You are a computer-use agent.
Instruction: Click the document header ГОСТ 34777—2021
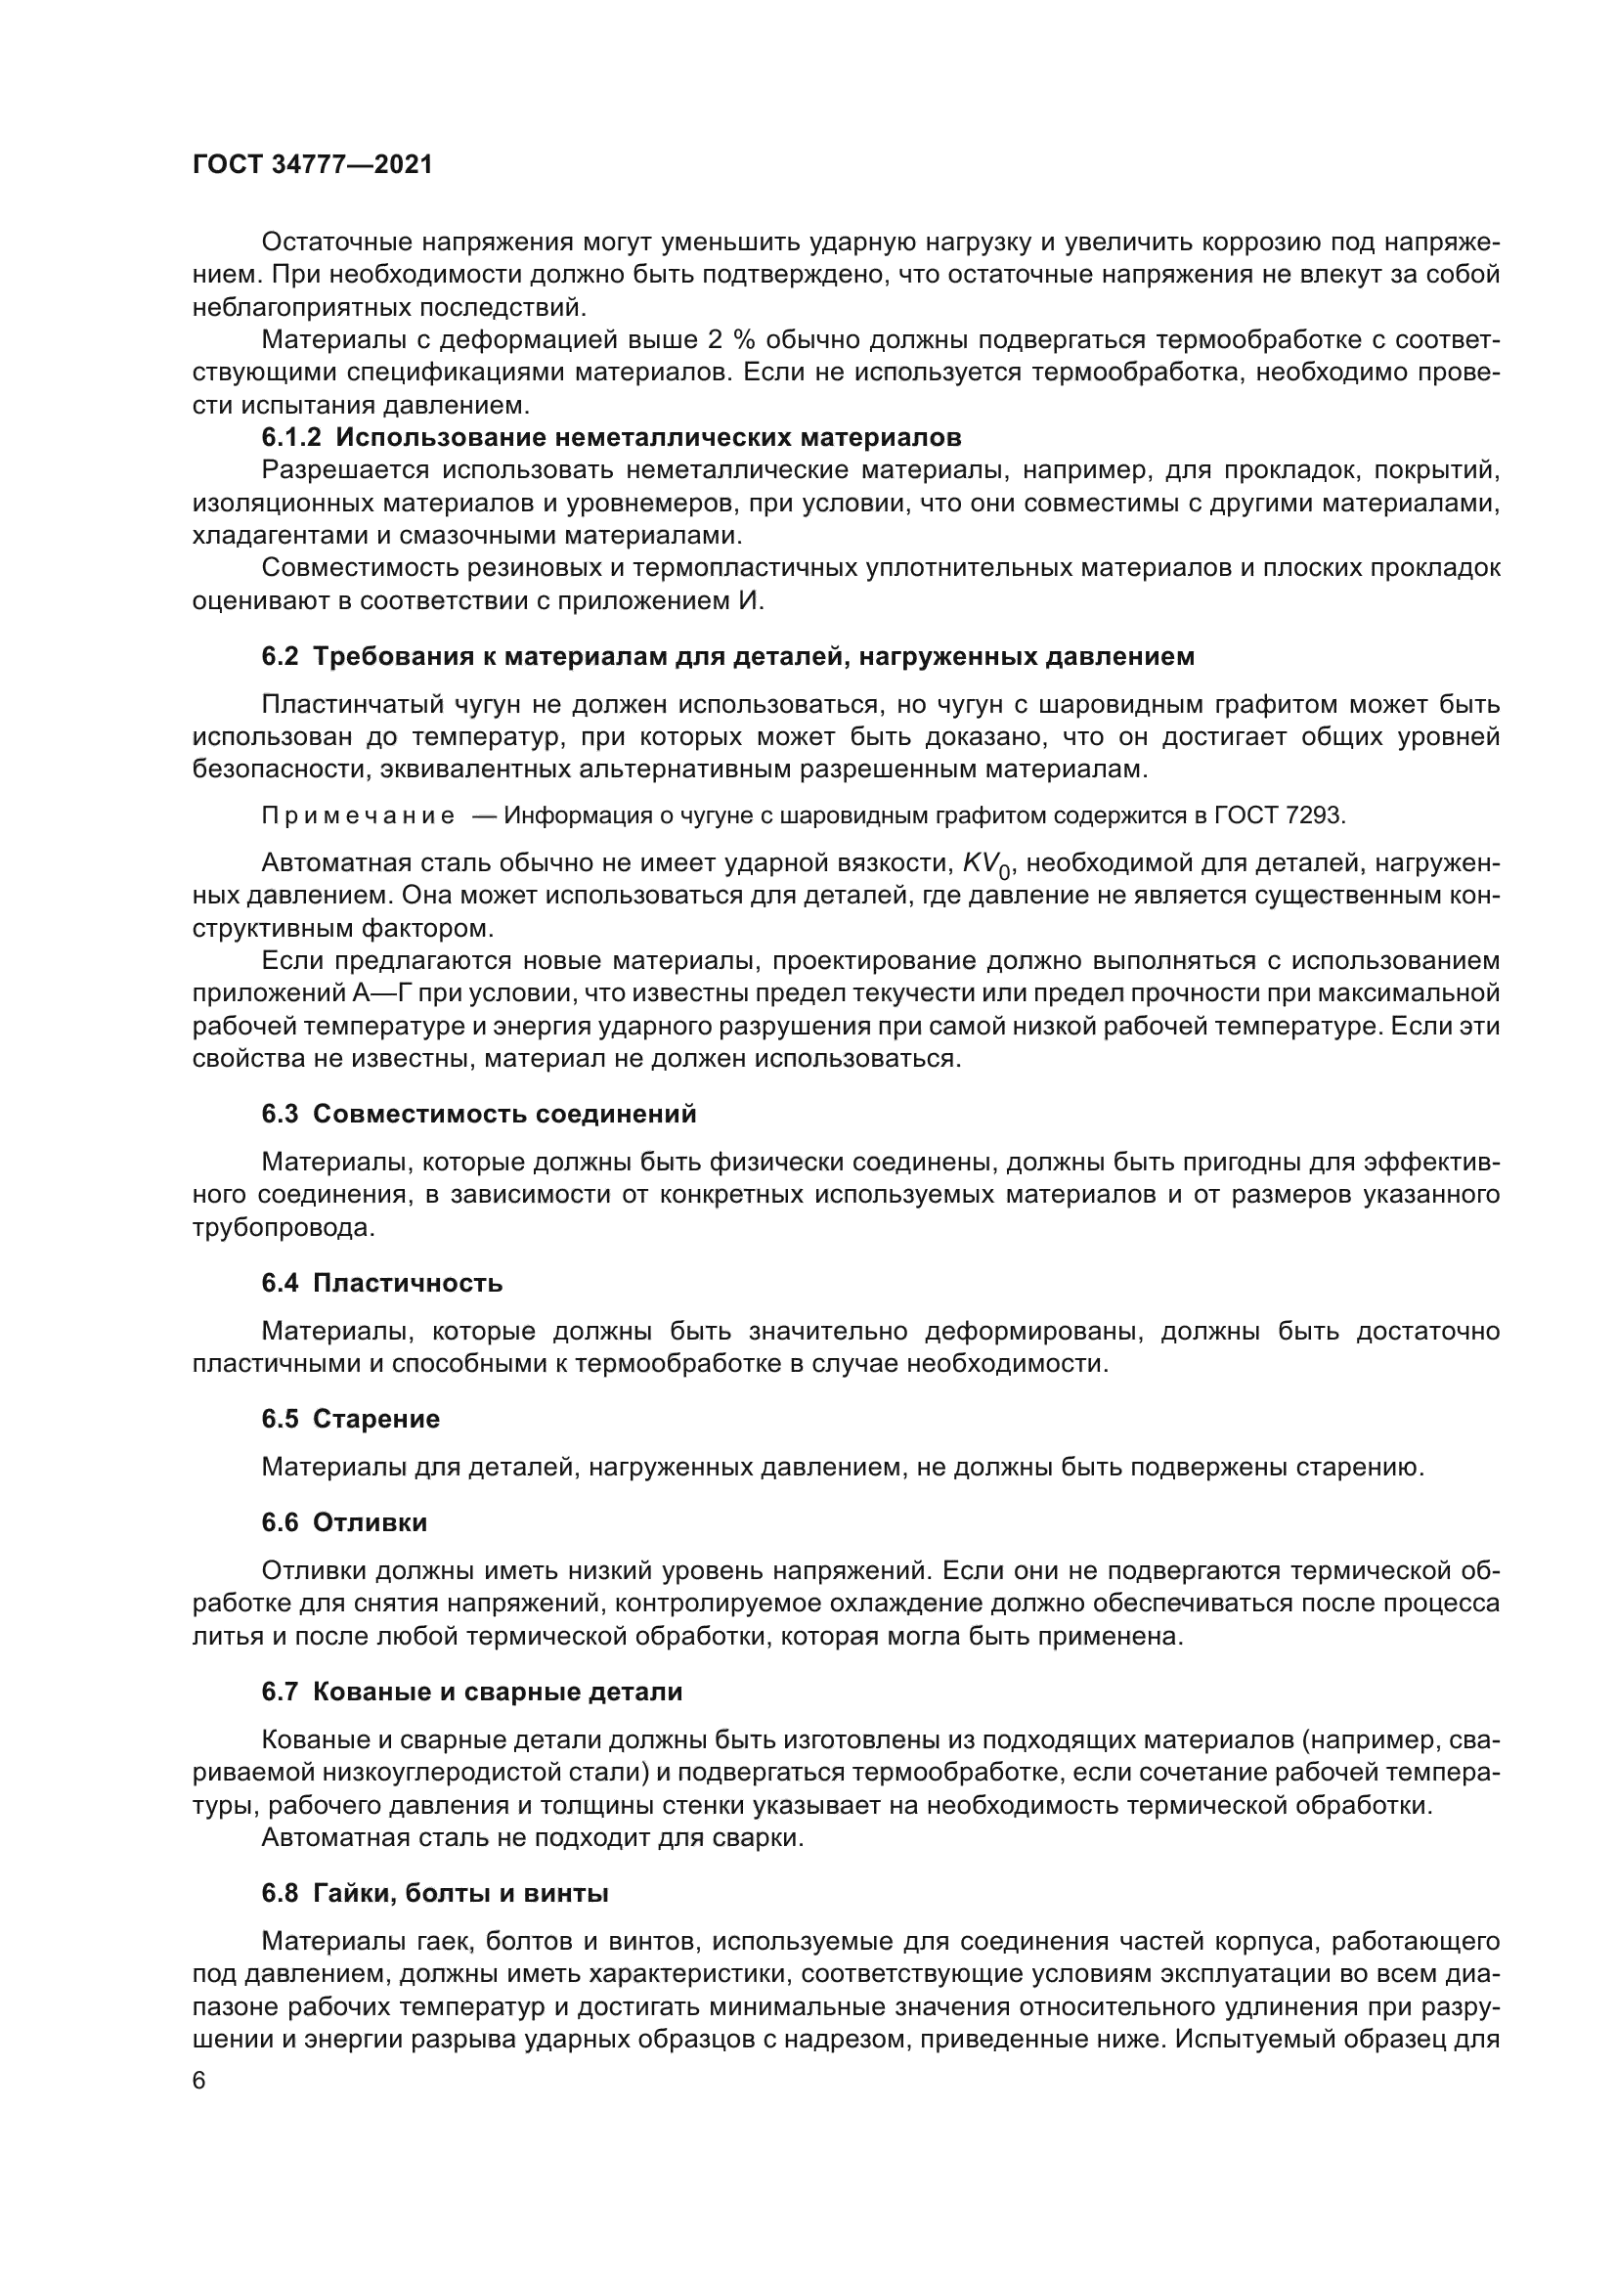(x=313, y=165)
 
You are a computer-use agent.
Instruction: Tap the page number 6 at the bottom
(x=199, y=2080)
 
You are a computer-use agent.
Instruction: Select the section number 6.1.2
(x=291, y=437)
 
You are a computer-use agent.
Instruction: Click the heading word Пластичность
(x=408, y=1283)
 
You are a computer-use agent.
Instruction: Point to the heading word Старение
(x=375, y=1419)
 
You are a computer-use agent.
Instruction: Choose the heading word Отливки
(x=370, y=1522)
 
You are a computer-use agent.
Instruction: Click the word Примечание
(x=359, y=815)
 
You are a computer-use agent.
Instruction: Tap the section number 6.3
(x=280, y=1114)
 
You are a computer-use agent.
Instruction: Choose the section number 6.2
(x=280, y=656)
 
